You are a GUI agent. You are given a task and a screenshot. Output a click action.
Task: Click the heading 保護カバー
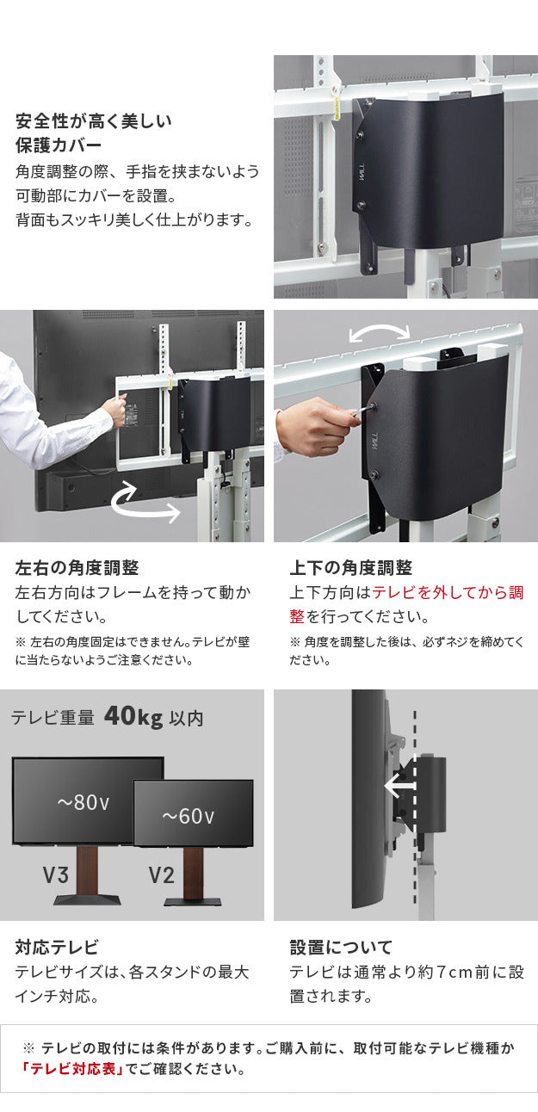point(59,144)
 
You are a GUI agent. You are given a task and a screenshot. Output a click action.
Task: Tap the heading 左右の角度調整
point(77,568)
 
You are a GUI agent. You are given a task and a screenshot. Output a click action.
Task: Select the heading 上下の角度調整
point(351,568)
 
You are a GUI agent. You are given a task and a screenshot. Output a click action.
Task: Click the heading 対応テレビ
point(57,948)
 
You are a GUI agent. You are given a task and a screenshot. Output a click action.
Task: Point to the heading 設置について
point(341,948)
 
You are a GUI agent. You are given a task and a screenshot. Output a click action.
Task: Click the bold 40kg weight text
point(133,717)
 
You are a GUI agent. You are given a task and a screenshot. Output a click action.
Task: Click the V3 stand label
point(56,876)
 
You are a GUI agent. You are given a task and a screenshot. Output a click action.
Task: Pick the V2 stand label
point(161,876)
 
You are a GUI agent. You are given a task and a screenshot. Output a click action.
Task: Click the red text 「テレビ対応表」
point(73,1070)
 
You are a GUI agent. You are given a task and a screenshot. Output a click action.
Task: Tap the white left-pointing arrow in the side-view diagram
point(400,786)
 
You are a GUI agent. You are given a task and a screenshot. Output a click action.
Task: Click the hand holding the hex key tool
point(315,424)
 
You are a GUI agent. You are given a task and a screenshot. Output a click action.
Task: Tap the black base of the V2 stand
point(194,902)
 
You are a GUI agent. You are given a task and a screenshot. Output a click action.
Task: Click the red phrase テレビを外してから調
point(447,593)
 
